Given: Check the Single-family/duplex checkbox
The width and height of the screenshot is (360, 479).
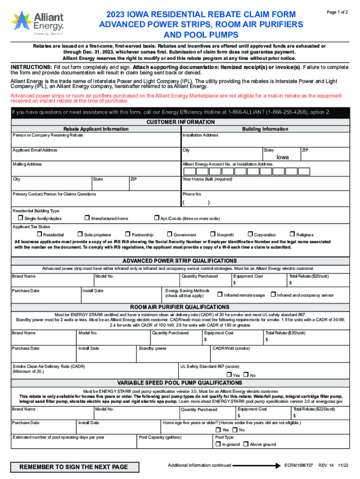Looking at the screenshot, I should pos(21,218).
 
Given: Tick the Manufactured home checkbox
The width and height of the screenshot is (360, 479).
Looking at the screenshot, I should pos(87,218).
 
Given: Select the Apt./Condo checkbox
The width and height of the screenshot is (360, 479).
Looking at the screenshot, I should pos(157,218).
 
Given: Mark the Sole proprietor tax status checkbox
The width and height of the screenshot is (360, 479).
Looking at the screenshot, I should pos(80,234).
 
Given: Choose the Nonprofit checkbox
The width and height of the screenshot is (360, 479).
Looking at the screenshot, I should pos(213,234).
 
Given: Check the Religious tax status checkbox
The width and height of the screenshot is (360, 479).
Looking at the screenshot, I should pos(292,234).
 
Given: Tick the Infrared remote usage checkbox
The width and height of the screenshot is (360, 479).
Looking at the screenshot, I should pos(219,295).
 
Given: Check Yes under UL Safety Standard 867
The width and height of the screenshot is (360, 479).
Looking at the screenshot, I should pos(229,375).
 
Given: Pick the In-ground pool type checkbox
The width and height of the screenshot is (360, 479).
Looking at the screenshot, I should pos(217,444).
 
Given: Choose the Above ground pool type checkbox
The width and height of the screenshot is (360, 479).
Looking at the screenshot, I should pos(245,444).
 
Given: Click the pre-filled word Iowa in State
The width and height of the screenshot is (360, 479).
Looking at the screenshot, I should pos(282,158).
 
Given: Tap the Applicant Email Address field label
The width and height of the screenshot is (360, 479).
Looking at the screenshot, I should pos(35,150).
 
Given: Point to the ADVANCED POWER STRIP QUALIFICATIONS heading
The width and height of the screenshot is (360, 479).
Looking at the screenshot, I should pos(180,261).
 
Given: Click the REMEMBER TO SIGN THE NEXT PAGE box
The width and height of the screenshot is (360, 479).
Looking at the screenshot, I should pos(72,467).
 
